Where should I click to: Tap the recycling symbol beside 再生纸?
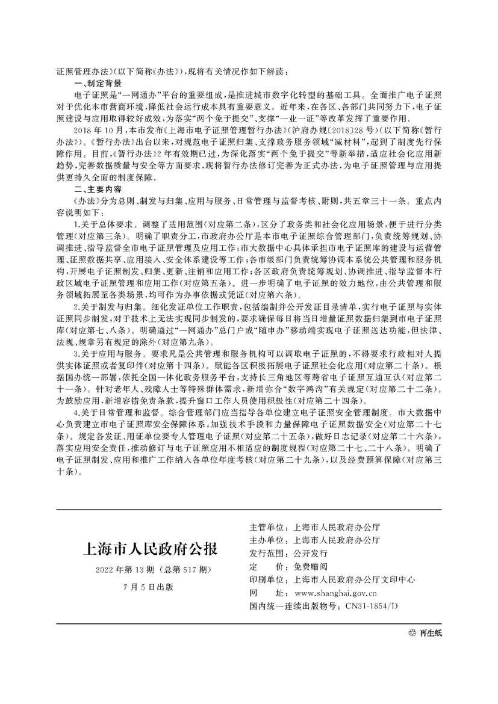(x=412, y=633)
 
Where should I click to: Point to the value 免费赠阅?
(x=310, y=567)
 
